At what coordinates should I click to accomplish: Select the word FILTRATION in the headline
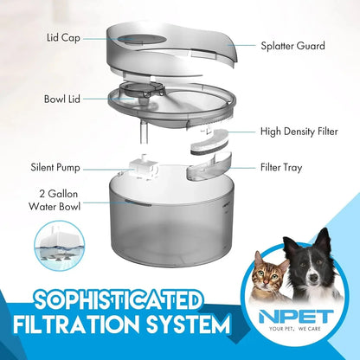(83, 327)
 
